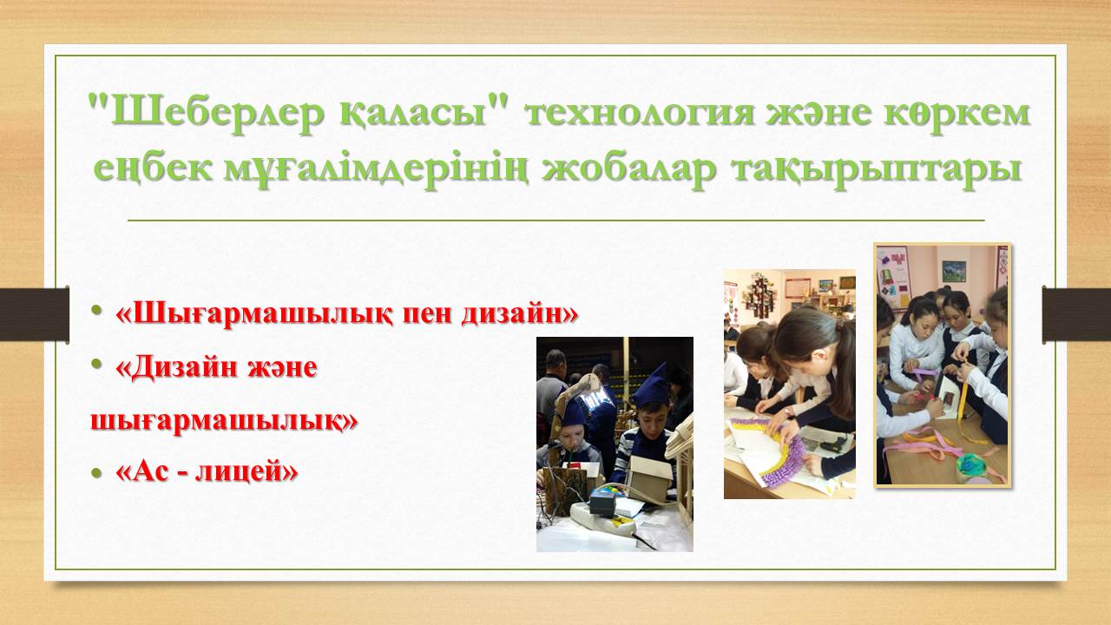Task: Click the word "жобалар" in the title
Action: coord(629,168)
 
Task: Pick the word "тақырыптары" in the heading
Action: coord(877,169)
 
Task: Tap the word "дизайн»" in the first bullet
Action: coord(519,314)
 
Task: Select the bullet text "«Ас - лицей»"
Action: coord(207,471)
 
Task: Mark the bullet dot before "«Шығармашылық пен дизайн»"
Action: coord(96,311)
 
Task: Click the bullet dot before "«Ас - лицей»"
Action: coord(96,472)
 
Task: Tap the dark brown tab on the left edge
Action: coord(34,314)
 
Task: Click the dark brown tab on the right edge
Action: coord(1076,314)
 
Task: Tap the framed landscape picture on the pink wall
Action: coord(954,271)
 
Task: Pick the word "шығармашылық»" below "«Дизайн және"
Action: coord(224,421)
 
